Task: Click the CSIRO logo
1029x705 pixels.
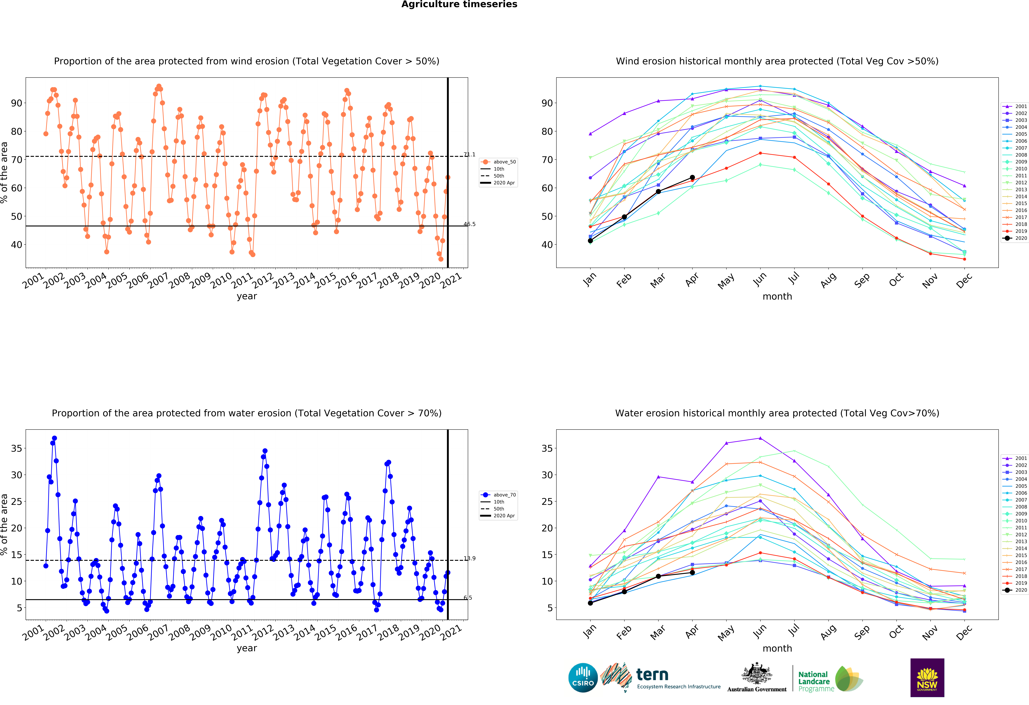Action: tap(583, 678)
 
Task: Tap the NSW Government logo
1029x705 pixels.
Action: tap(927, 678)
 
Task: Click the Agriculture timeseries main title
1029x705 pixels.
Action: tap(459, 4)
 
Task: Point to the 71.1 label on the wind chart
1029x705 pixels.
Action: tap(469, 154)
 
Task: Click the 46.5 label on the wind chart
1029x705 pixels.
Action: tap(469, 224)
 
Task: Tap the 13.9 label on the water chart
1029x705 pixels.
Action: tap(469, 558)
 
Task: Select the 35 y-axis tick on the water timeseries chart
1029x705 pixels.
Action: tap(16, 448)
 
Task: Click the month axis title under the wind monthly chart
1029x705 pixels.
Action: tap(777, 296)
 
